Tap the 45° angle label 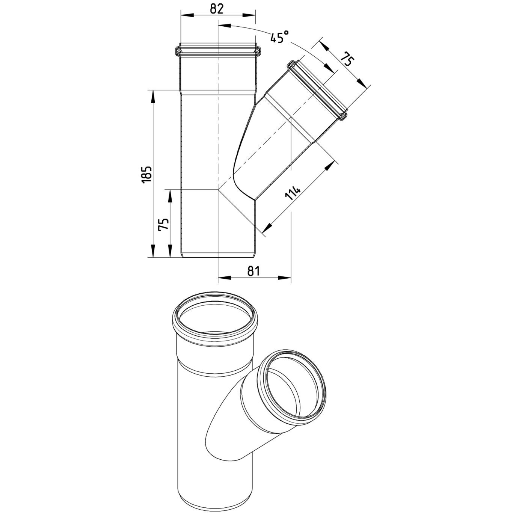[279, 37]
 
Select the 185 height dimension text [147, 174]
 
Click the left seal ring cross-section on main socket [178, 50]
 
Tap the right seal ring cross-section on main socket [257, 50]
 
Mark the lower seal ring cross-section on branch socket [343, 117]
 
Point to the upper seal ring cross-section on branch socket [291, 65]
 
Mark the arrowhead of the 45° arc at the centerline [224, 26]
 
